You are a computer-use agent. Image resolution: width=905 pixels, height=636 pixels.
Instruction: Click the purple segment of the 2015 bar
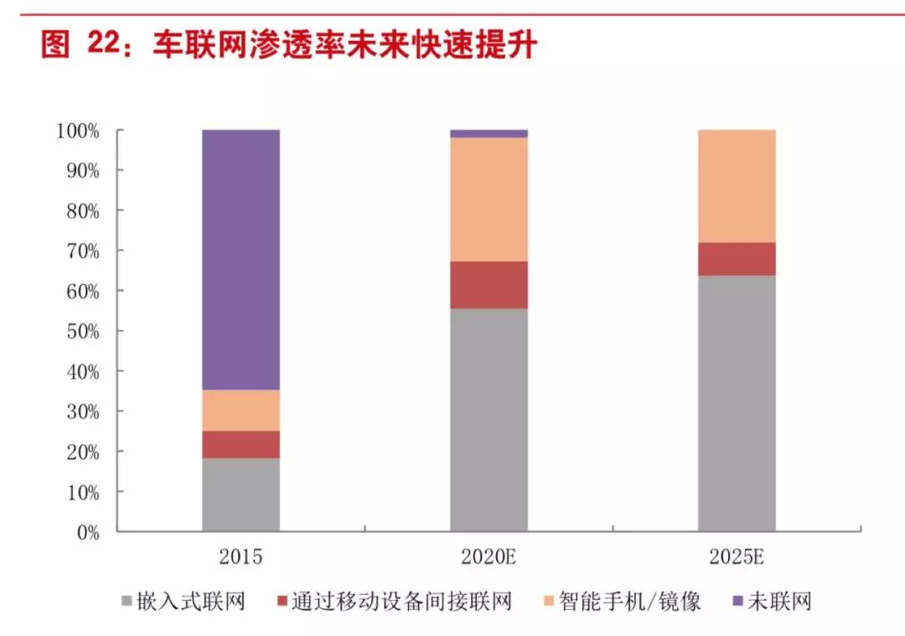tap(240, 260)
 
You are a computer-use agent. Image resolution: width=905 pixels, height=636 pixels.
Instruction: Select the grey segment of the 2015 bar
tap(240, 494)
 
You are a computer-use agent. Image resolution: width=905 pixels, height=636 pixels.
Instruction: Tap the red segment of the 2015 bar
tap(240, 444)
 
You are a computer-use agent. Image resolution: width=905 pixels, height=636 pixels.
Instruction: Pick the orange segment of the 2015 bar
tap(240, 411)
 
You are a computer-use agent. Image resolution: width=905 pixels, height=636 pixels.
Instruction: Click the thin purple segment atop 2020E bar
tap(489, 133)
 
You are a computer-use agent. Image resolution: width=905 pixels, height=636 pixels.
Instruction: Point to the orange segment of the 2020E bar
tap(489, 199)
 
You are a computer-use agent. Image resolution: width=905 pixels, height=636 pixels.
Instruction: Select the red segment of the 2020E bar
tap(489, 285)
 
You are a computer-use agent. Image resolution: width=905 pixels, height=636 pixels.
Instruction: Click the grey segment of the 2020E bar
tap(489, 419)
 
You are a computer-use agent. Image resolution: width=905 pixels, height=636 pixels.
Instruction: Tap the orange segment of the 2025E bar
tap(737, 186)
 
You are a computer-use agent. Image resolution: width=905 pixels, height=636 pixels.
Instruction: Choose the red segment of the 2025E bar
tap(737, 259)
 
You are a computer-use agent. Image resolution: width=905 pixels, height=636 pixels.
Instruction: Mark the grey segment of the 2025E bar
tap(737, 402)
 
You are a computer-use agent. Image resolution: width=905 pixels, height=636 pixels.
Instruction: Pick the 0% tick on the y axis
tap(87, 532)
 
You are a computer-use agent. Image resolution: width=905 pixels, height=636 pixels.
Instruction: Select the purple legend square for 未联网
tap(737, 601)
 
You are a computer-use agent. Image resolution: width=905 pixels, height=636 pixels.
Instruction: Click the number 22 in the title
tap(105, 44)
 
